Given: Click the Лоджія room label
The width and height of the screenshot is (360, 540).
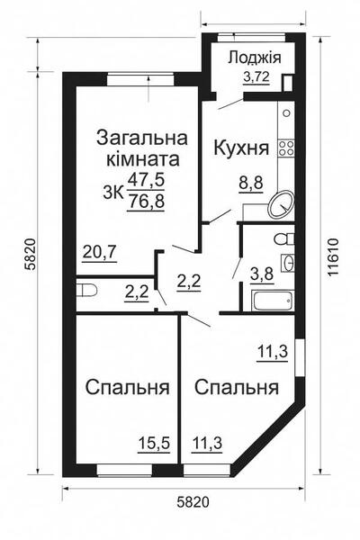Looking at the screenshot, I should (x=255, y=58).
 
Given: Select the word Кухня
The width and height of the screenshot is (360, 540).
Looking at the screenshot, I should (x=240, y=148).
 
